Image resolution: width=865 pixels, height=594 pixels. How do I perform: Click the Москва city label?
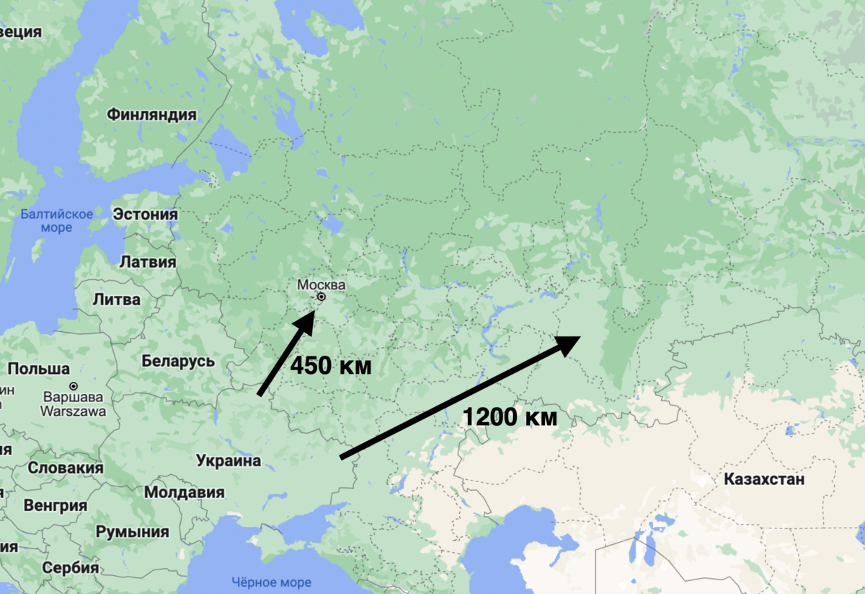click(x=321, y=284)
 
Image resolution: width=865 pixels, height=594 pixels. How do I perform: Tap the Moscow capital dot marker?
click(x=321, y=297)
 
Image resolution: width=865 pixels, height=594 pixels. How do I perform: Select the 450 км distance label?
click(x=331, y=366)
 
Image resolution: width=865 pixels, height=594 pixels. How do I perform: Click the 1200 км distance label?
click(x=510, y=416)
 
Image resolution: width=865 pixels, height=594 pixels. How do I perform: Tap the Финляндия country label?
click(x=151, y=115)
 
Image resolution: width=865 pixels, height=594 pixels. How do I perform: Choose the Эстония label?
click(x=145, y=214)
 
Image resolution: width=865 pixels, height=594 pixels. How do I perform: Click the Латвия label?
click(x=147, y=261)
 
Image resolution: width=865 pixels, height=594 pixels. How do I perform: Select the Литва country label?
click(x=117, y=300)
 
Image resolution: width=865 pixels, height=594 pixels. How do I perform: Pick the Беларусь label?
click(x=178, y=360)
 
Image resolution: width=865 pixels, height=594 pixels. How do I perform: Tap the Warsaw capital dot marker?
click(x=74, y=386)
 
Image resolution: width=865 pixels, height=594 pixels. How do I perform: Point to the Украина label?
click(x=228, y=460)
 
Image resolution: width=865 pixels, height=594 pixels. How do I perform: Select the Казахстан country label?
click(x=764, y=479)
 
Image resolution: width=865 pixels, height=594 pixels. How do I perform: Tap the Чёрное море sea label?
click(x=272, y=582)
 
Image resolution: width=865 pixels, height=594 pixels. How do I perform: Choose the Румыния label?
click(x=133, y=533)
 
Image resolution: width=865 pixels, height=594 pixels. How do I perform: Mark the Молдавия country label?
click(x=185, y=492)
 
